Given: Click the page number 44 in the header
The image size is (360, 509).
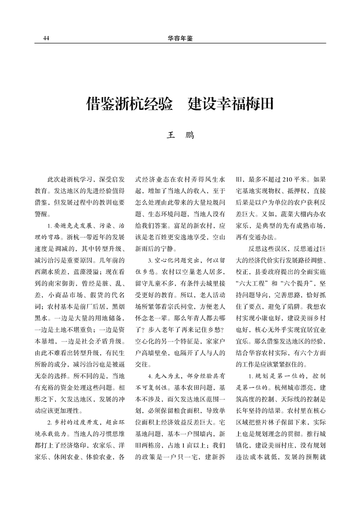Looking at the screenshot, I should [46, 39].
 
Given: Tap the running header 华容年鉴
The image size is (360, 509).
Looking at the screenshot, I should [180, 39].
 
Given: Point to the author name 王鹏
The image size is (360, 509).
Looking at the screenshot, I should [180, 135].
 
